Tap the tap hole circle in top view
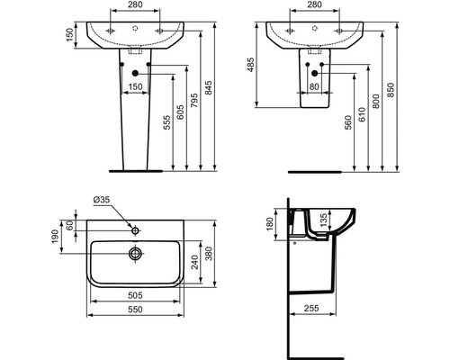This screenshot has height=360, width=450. point(136,231)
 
